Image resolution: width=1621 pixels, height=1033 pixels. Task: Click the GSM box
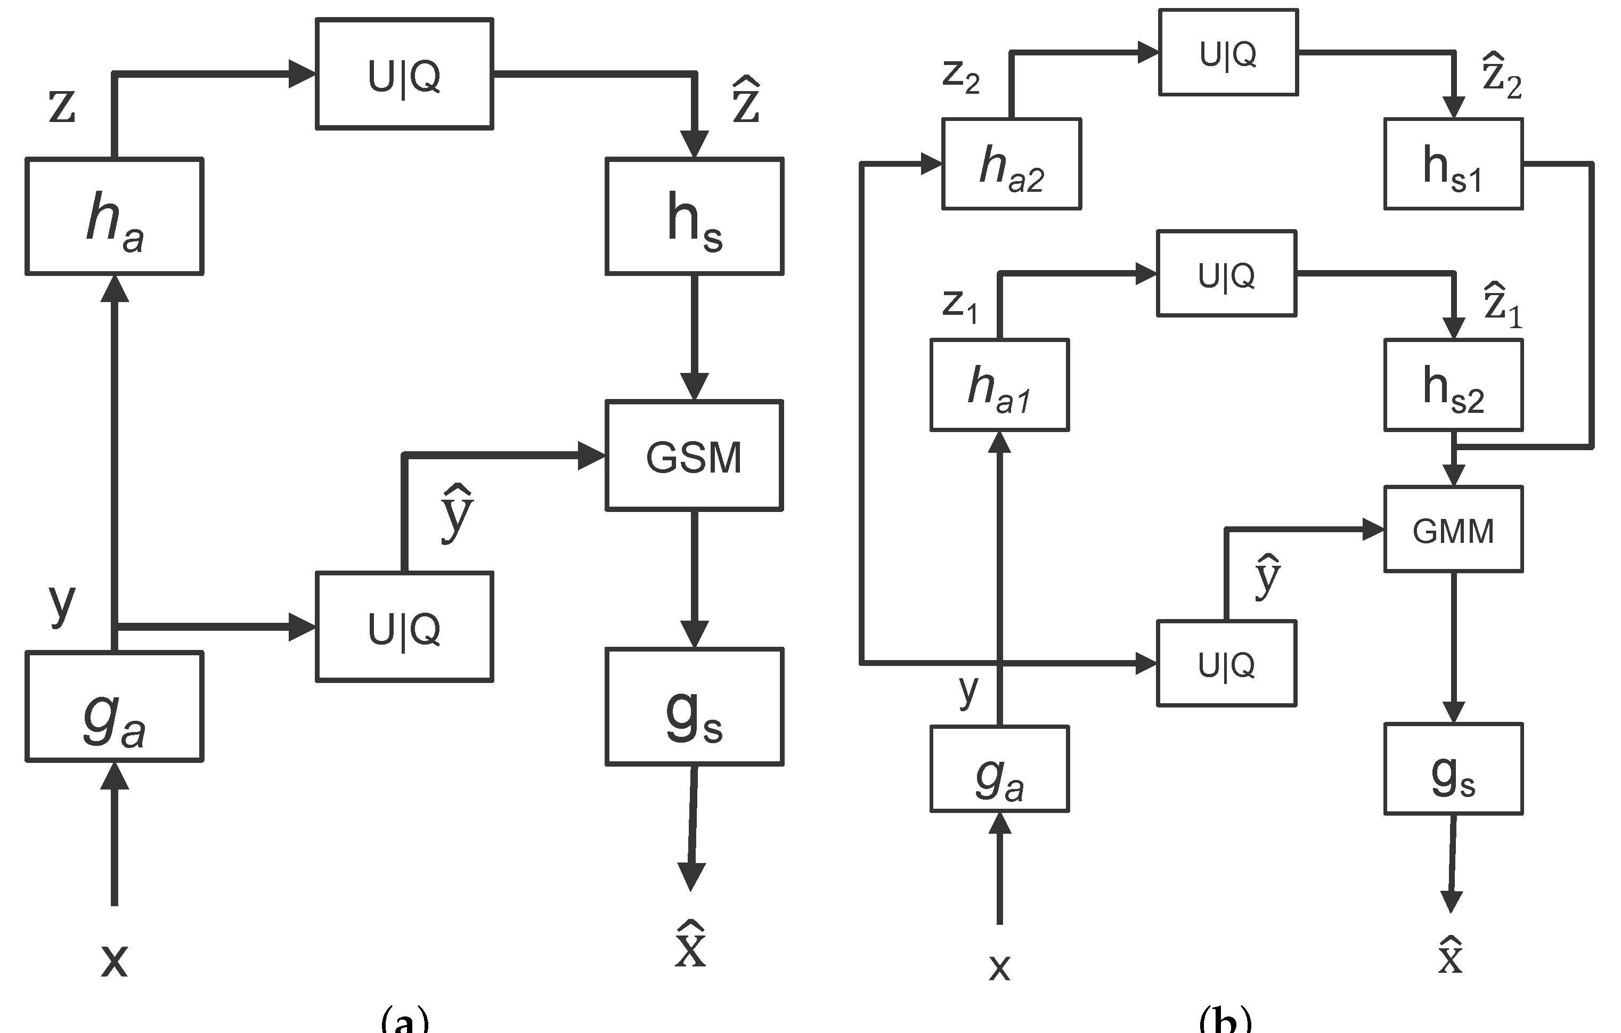point(694,456)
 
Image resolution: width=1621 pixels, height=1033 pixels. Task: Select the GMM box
point(1453,530)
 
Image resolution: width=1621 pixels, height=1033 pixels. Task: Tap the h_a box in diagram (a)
point(115,216)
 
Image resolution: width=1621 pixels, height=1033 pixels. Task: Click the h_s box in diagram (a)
point(694,216)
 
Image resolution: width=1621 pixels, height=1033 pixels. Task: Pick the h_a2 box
point(1011,164)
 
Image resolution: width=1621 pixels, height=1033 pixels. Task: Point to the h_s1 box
point(1453,164)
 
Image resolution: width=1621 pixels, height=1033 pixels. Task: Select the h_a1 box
point(999,385)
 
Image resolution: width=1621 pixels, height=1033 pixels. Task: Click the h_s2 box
point(1453,385)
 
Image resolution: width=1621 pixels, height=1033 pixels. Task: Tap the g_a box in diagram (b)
point(999,768)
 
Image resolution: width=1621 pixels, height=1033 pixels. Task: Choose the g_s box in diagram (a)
point(694,706)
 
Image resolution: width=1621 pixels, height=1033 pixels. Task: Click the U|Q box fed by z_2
point(1228,53)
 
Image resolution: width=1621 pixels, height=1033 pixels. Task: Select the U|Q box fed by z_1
point(1226,273)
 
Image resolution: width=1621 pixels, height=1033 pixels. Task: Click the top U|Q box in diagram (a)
point(404,74)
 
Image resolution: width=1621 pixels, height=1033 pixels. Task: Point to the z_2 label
point(960,77)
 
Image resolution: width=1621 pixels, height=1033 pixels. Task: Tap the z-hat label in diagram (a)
point(746,101)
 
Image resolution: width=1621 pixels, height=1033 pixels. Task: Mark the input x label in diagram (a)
point(115,959)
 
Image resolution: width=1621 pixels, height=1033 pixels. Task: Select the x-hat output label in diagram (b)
point(1450,956)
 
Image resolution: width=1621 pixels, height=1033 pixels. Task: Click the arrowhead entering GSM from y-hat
point(591,456)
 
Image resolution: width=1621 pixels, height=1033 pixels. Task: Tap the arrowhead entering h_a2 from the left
point(931,164)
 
